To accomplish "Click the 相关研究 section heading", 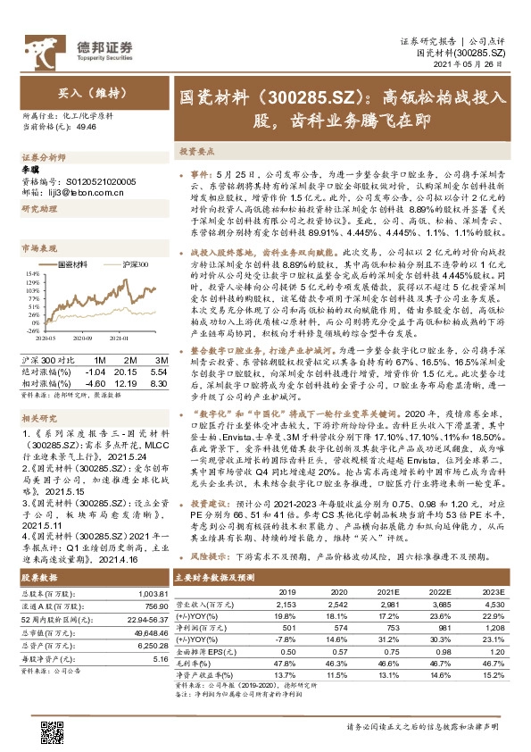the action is pos(38,417).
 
